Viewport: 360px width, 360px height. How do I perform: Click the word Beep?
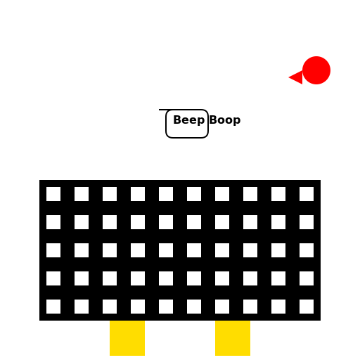(x=189, y=120)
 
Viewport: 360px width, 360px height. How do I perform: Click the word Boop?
(x=225, y=120)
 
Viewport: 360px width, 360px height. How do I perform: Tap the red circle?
(x=316, y=70)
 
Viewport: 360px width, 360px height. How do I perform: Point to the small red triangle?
(x=297, y=77)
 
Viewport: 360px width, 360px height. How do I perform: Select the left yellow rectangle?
(x=127, y=338)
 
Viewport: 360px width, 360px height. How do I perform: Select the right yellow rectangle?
(x=233, y=338)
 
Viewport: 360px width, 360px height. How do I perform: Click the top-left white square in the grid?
(x=53, y=194)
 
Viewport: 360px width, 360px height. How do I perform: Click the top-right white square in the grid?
(x=307, y=194)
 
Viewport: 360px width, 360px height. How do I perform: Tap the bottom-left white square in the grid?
(x=53, y=307)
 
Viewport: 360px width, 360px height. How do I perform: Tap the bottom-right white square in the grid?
(x=307, y=307)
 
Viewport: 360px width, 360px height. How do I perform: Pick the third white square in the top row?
(x=110, y=194)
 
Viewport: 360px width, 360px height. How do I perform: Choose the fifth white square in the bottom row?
(x=166, y=307)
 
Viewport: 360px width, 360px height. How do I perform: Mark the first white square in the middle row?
(x=53, y=250)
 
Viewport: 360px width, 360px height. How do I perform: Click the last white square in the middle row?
(x=307, y=250)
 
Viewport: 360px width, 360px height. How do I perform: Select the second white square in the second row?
(x=82, y=222)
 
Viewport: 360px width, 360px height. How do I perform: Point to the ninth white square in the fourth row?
(x=278, y=278)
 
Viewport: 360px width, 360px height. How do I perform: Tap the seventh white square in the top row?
(x=222, y=194)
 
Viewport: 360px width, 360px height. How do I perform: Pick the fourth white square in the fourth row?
(x=138, y=278)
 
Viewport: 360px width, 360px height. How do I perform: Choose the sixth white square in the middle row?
(x=194, y=250)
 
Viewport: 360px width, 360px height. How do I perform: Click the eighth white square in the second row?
(x=250, y=222)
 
